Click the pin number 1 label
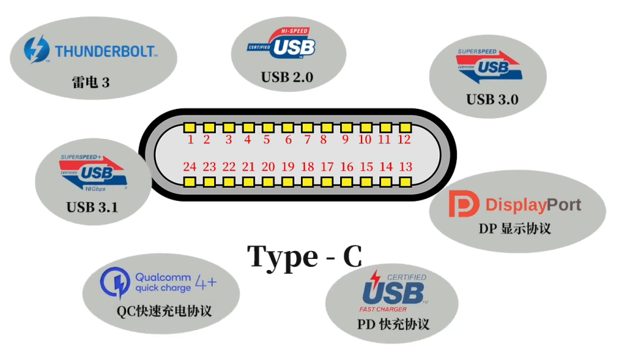[191, 140]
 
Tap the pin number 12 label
[404, 140]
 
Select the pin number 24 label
[190, 167]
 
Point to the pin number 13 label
[405, 167]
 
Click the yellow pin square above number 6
[287, 127]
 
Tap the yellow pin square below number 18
[307, 180]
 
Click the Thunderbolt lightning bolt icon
[37, 50]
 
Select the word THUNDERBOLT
[105, 51]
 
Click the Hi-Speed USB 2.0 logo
[282, 44]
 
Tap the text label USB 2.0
[287, 78]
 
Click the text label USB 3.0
[492, 100]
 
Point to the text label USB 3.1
[93, 207]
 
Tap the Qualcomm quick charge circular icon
[115, 282]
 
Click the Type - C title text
[305, 257]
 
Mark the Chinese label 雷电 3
[90, 83]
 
